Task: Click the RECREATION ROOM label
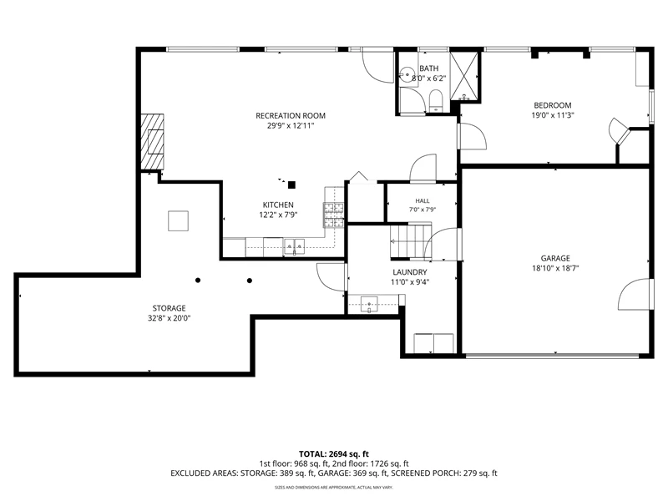(x=290, y=115)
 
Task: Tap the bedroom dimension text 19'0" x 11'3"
(x=553, y=115)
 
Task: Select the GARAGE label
(x=555, y=258)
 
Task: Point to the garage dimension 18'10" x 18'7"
(x=555, y=268)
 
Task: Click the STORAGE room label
(x=170, y=308)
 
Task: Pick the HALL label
(x=423, y=200)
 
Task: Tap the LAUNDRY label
(x=410, y=272)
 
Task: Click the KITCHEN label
(x=278, y=205)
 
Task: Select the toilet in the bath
(x=436, y=100)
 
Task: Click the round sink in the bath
(x=407, y=75)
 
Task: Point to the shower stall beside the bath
(x=465, y=76)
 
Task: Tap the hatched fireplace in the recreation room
(x=153, y=141)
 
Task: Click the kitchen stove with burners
(x=333, y=215)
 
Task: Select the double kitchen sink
(x=294, y=246)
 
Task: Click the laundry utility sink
(x=369, y=304)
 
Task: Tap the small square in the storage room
(x=178, y=220)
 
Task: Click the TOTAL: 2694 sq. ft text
(x=333, y=454)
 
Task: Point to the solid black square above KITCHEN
(x=291, y=185)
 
